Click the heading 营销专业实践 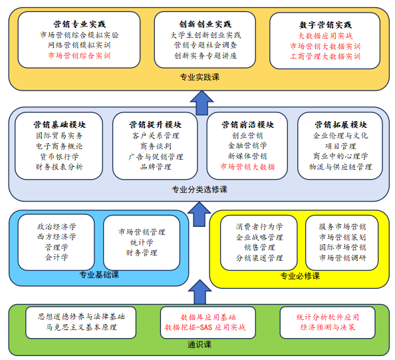click(79, 24)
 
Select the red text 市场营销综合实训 click(79, 55)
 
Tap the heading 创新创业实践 click(205, 24)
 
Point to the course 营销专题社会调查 click(205, 45)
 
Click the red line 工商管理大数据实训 click(325, 56)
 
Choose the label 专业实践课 click(199, 77)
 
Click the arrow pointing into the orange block click(201, 102)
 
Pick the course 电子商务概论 click(59, 146)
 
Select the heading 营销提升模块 click(155, 124)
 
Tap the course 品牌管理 click(156, 167)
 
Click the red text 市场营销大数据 click(247, 166)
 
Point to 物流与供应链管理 click(340, 167)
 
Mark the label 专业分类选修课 click(199, 190)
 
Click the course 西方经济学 click(57, 237)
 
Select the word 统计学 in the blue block click(142, 242)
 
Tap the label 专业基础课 click(99, 275)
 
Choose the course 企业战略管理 click(259, 237)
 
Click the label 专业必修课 click(300, 276)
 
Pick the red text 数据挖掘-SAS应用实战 click(205, 327)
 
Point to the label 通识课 click(199, 345)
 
